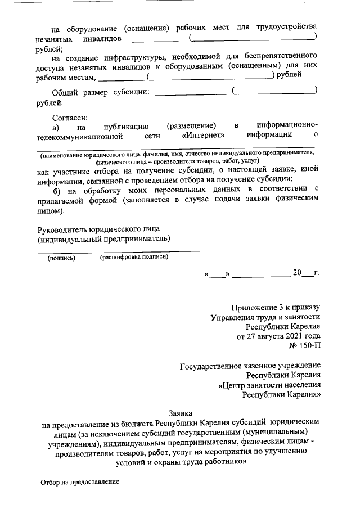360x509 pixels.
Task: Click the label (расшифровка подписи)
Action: [133, 257]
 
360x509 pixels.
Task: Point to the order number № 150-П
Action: [304, 346]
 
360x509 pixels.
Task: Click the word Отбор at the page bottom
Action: [51, 482]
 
